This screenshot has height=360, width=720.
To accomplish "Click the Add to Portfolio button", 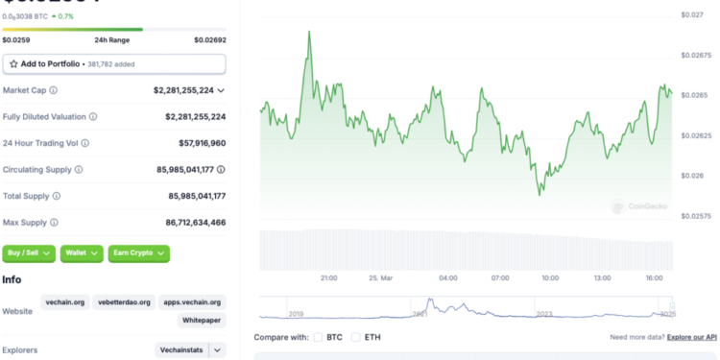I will [114, 64].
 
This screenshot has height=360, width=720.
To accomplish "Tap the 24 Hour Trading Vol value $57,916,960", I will [196, 143].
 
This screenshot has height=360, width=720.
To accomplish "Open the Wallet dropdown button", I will [82, 253].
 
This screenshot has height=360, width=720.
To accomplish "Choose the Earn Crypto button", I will [138, 253].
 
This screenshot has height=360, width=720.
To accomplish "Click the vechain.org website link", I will [66, 302].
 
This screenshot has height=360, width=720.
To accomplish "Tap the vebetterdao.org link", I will [125, 302].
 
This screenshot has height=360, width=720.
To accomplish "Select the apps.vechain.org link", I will [192, 302].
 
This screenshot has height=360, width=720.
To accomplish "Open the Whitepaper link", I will [203, 322].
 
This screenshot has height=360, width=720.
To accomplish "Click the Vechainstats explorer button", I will [180, 351].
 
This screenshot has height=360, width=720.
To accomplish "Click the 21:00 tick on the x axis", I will [328, 278].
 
